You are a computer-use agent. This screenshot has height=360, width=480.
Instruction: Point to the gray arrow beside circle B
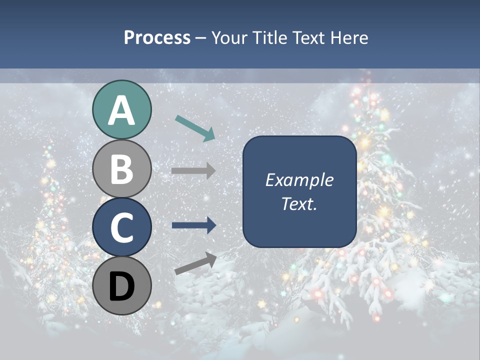click(x=193, y=170)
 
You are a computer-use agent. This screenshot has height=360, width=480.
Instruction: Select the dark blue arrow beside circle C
click(x=193, y=225)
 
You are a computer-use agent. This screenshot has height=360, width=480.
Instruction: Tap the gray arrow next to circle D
click(x=195, y=263)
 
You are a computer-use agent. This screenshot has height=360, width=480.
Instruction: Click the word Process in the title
click(x=157, y=38)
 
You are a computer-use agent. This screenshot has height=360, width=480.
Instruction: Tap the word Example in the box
click(x=299, y=180)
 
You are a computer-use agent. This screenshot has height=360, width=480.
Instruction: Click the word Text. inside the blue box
click(x=299, y=203)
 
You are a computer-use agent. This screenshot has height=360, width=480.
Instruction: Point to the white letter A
click(x=121, y=111)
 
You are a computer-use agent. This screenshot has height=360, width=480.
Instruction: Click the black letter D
click(x=121, y=286)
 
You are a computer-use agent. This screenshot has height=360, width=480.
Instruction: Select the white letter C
click(x=121, y=227)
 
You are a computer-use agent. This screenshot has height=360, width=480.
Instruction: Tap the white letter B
click(x=121, y=169)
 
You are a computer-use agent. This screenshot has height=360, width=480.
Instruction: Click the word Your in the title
click(x=228, y=38)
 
